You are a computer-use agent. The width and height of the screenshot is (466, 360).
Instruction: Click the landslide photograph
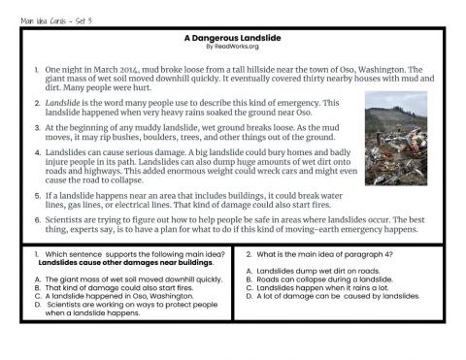394,138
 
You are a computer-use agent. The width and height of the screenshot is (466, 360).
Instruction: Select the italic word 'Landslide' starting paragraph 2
62,103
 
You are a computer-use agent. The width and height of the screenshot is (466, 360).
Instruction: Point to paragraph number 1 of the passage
36,70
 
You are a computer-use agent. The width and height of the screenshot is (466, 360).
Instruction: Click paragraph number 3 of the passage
36,127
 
